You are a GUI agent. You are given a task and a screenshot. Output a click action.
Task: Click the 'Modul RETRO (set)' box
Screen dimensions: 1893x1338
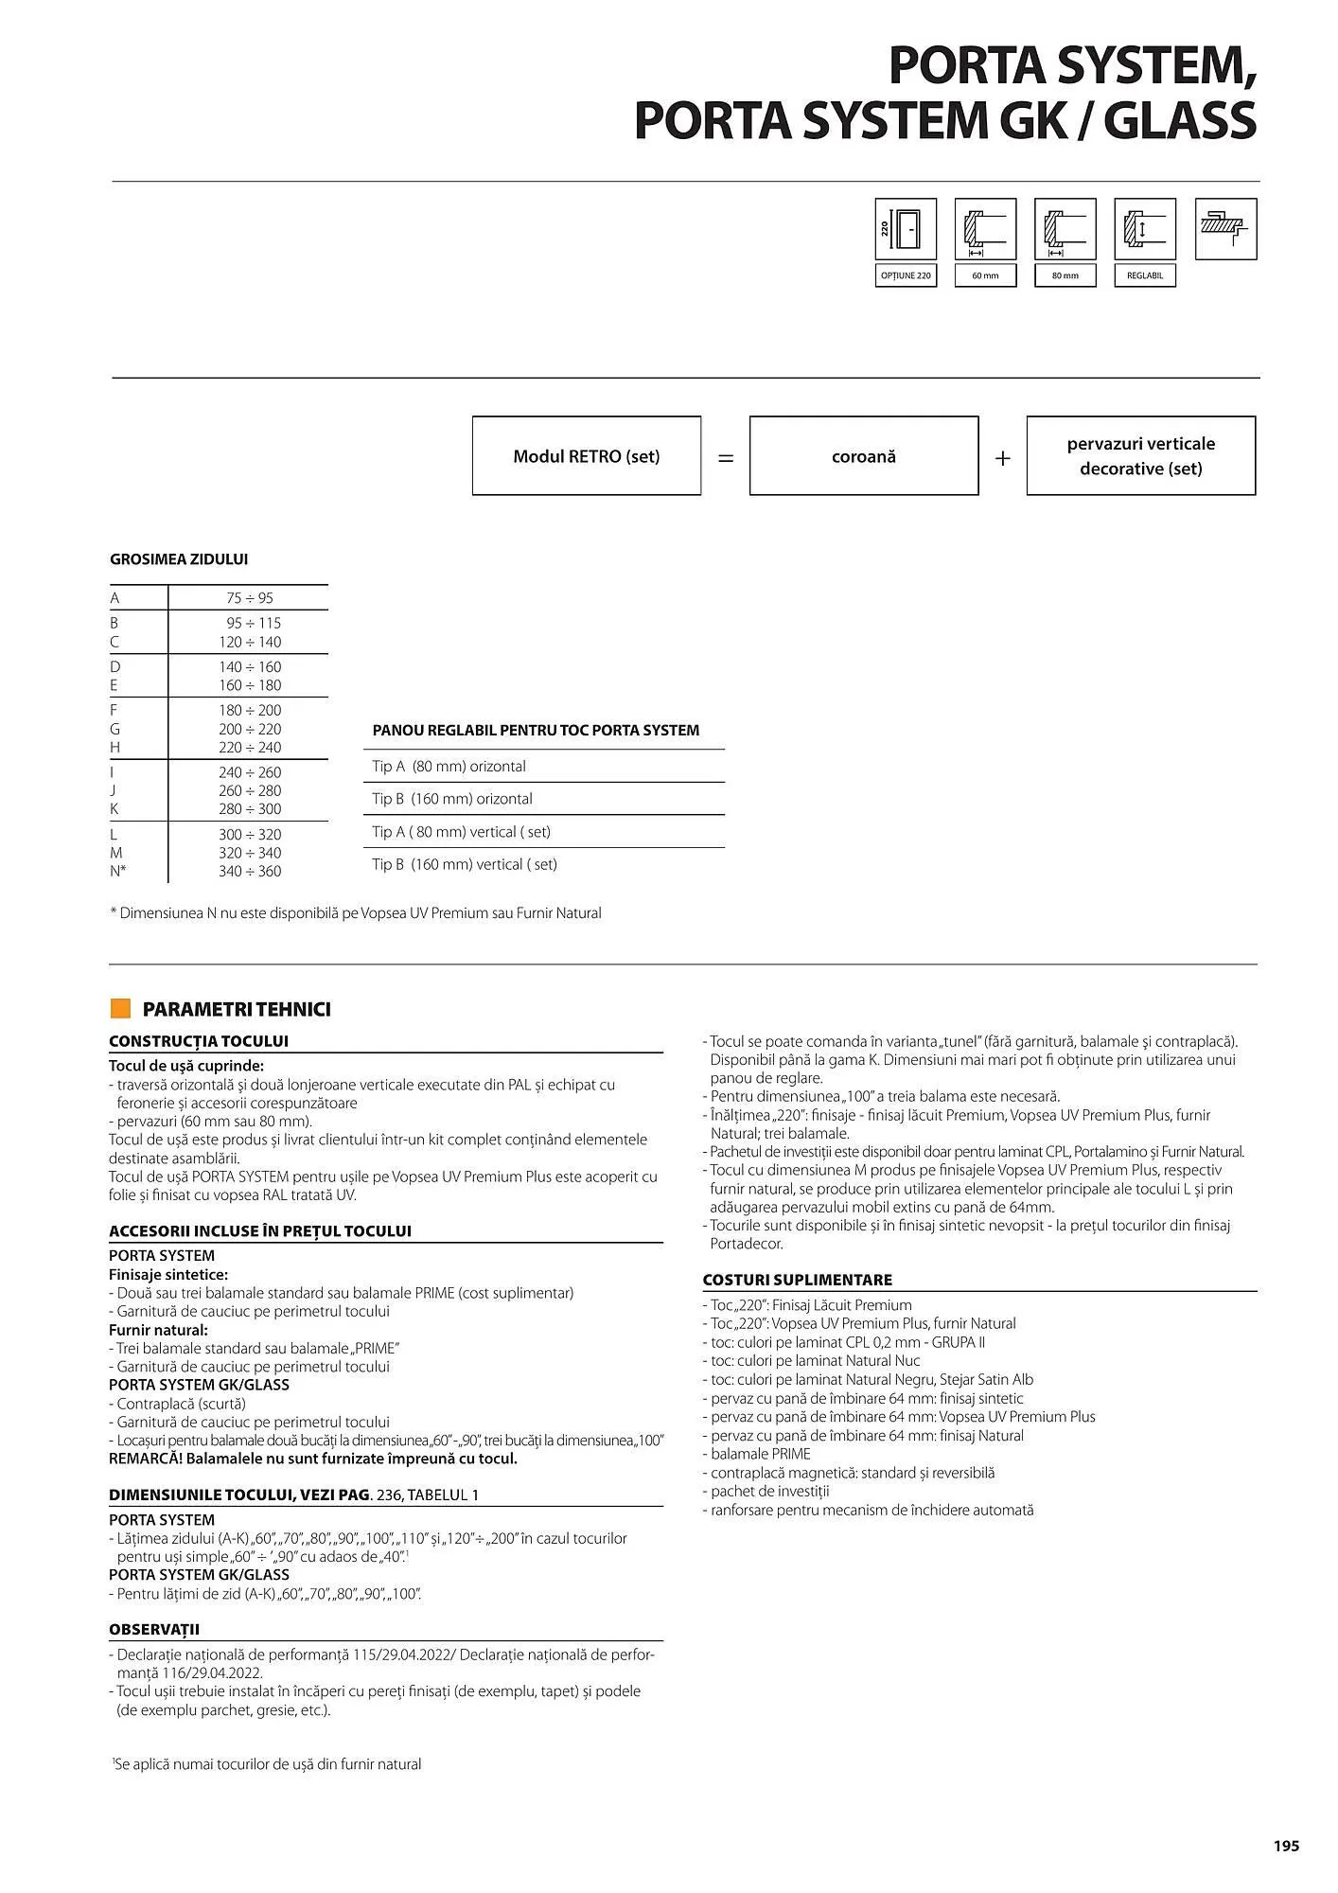[587, 456]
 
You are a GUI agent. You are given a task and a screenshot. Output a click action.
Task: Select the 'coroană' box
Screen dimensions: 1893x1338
[863, 456]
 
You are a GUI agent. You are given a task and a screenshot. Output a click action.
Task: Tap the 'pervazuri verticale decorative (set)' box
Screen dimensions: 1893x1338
[1140, 456]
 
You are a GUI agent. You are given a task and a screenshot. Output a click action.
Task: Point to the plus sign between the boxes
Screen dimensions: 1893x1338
[1003, 458]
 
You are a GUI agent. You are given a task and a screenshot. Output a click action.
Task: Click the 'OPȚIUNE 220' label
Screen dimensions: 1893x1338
[906, 275]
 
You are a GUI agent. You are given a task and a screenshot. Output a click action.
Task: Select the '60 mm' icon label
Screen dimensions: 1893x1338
[985, 275]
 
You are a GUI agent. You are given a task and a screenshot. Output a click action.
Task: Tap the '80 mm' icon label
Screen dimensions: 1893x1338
[1065, 275]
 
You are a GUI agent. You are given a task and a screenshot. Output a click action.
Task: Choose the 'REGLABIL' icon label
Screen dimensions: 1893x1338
[1145, 275]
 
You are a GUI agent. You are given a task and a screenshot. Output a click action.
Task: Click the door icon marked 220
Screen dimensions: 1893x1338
[906, 229]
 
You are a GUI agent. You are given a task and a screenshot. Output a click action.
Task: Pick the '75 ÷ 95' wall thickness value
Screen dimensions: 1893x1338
[250, 598]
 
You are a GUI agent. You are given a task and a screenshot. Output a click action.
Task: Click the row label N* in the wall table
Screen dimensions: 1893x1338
[117, 872]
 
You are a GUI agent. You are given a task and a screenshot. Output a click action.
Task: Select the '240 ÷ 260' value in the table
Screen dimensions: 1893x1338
[250, 772]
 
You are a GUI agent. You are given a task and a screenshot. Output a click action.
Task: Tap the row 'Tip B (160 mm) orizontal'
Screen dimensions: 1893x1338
[452, 799]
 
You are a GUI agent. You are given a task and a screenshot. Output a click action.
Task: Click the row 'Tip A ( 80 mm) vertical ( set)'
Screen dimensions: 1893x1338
[461, 832]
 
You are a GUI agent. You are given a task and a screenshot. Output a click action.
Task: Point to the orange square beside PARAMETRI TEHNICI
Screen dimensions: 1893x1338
[120, 1008]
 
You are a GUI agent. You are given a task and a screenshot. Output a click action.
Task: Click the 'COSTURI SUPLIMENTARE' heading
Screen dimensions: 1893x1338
[797, 1280]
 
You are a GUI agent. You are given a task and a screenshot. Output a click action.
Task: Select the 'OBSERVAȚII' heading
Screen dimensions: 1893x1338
[154, 1630]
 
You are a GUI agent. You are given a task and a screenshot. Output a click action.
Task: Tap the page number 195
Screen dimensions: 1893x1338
[1286, 1846]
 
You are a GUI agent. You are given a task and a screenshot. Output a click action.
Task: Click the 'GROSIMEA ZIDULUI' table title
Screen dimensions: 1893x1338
[179, 559]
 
